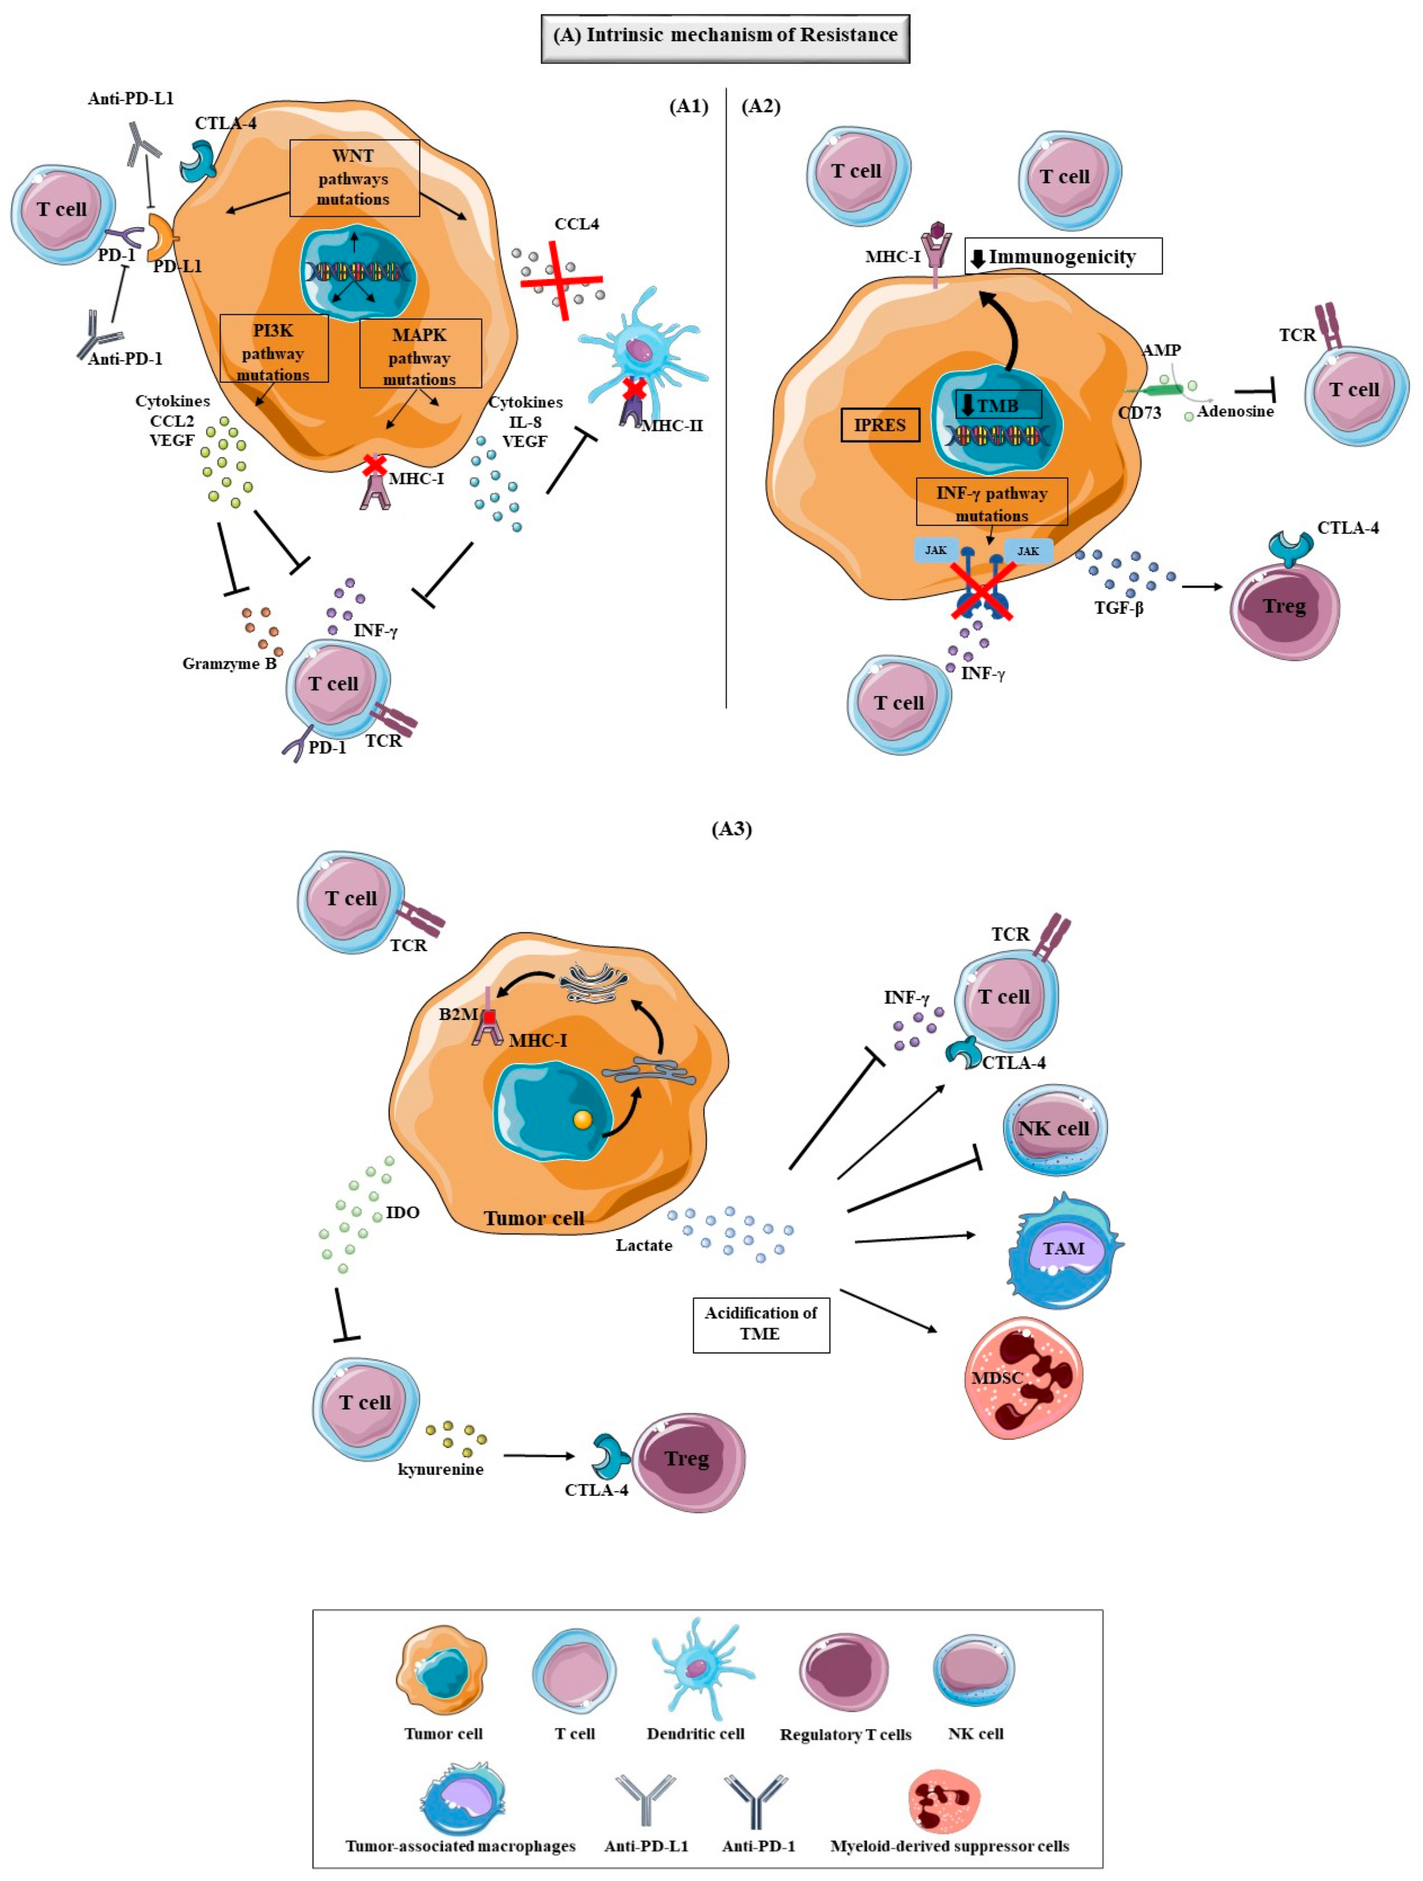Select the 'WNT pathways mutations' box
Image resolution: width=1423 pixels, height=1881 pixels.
[x=354, y=178]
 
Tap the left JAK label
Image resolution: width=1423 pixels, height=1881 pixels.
[x=935, y=550]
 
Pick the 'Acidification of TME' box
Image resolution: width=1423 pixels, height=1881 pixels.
[x=760, y=1323]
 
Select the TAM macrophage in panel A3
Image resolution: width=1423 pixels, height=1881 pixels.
[x=1063, y=1249]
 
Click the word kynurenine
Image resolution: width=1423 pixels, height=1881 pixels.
[x=440, y=1469]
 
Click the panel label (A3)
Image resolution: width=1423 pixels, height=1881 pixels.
[x=731, y=828]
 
